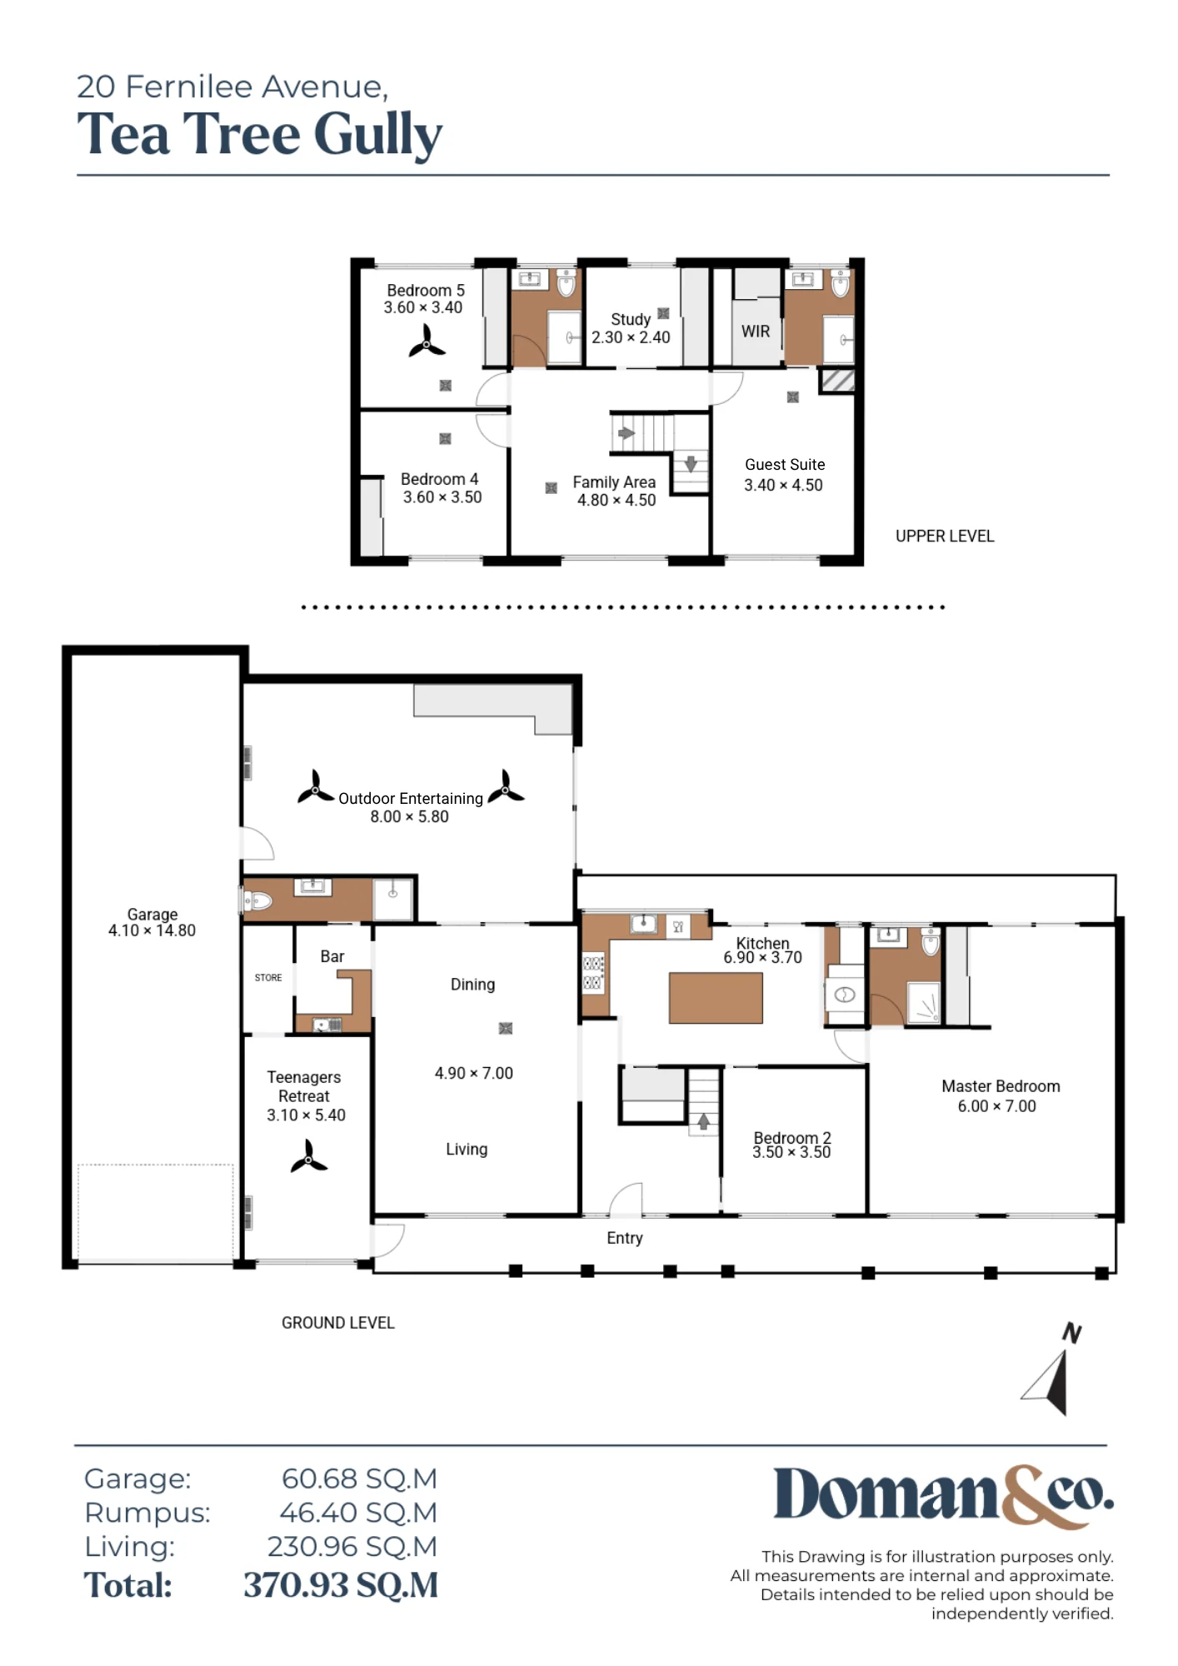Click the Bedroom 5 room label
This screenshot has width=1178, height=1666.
click(425, 291)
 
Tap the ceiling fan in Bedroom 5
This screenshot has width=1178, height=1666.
click(427, 342)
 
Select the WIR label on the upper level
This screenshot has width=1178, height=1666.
click(756, 332)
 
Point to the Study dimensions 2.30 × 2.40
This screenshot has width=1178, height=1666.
click(631, 337)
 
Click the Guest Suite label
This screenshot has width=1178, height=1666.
click(785, 465)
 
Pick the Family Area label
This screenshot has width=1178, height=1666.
click(614, 482)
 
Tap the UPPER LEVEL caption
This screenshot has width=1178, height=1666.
click(945, 536)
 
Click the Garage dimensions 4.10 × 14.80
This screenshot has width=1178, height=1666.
click(152, 930)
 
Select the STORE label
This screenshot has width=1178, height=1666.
click(268, 978)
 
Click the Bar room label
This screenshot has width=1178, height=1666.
click(332, 956)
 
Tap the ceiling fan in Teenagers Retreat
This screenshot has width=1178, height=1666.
click(308, 1157)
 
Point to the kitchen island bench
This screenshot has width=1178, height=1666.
click(716, 998)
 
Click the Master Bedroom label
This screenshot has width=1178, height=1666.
click(1001, 1086)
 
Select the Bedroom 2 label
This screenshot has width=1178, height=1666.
click(792, 1138)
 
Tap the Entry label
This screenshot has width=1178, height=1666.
click(625, 1238)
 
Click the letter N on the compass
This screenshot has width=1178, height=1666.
click(1072, 1334)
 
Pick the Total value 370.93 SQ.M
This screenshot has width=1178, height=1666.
click(341, 1585)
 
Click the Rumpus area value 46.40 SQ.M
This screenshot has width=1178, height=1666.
click(358, 1513)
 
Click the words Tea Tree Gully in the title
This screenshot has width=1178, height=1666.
click(260, 135)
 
